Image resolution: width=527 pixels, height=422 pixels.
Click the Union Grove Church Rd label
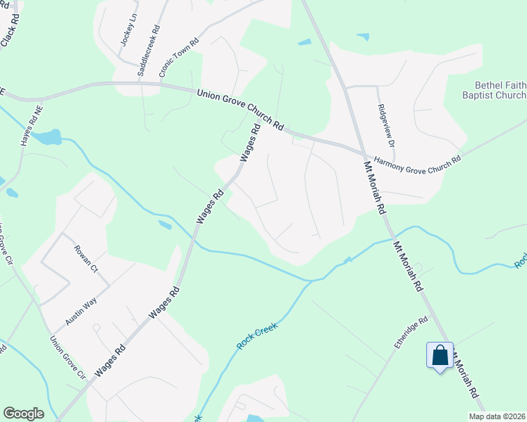(x=240, y=109)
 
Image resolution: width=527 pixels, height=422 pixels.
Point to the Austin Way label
(x=81, y=309)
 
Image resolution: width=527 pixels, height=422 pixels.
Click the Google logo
(x=23, y=414)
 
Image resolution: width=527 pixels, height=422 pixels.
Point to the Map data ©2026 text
(x=497, y=416)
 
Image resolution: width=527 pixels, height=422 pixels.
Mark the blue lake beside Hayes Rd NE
(x=46, y=136)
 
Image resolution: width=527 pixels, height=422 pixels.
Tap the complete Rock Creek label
(x=257, y=337)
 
